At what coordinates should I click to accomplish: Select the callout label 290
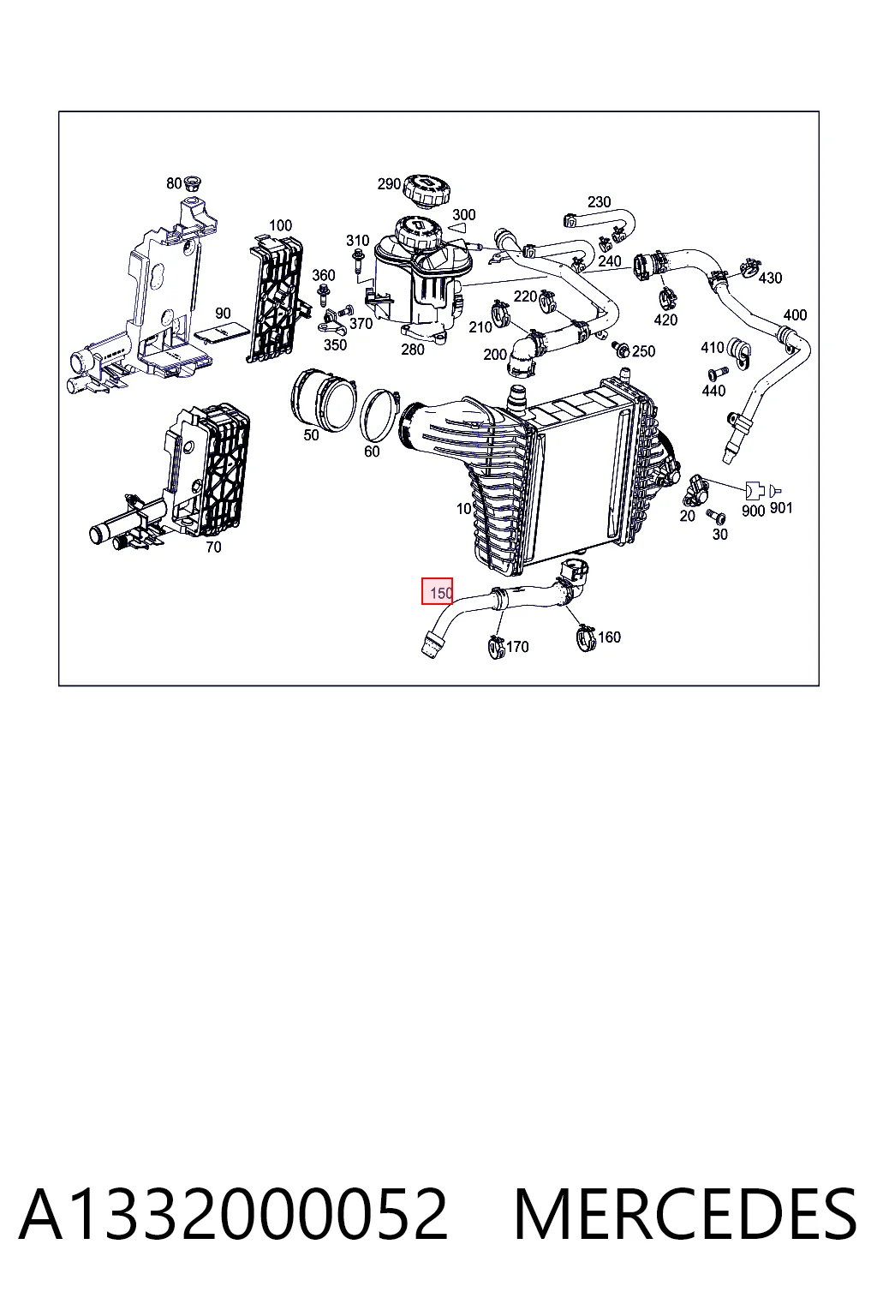389,184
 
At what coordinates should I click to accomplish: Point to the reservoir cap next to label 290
428,189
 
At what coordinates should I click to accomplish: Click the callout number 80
174,184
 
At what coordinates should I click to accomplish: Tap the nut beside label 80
192,184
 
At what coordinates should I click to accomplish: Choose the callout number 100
280,225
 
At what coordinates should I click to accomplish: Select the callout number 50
311,435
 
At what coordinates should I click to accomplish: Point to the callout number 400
795,315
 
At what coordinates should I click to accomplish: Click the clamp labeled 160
585,637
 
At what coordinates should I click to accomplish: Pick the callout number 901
781,507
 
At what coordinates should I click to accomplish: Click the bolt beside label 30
715,517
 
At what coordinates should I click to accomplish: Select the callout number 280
412,350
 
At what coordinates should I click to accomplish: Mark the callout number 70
213,547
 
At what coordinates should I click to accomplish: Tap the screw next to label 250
620,350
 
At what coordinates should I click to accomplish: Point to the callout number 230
600,202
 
